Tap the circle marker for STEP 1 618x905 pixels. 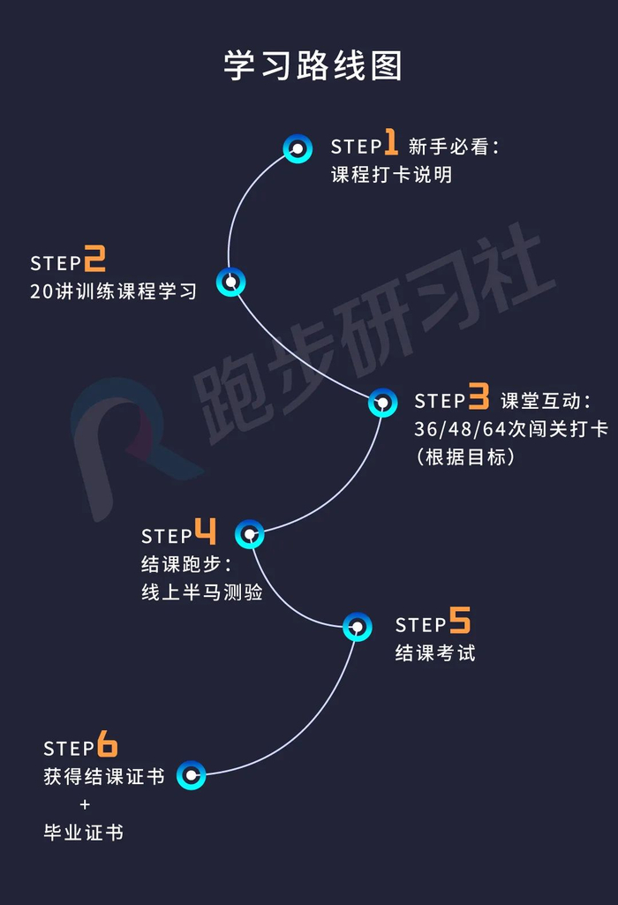298,148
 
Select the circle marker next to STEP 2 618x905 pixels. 230,283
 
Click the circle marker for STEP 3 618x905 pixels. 382,403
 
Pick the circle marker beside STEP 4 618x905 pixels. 250,533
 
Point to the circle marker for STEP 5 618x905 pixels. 357,627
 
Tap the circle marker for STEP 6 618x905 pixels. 191,775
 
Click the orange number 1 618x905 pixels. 390,144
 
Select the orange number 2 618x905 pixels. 94,260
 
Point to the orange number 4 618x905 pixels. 205,532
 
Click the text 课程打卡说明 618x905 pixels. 391,175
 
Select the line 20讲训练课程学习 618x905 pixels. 113,291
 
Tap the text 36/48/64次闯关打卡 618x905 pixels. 510,429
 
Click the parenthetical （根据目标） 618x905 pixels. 464,457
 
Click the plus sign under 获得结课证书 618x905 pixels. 85,804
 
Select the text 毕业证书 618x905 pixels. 84,832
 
